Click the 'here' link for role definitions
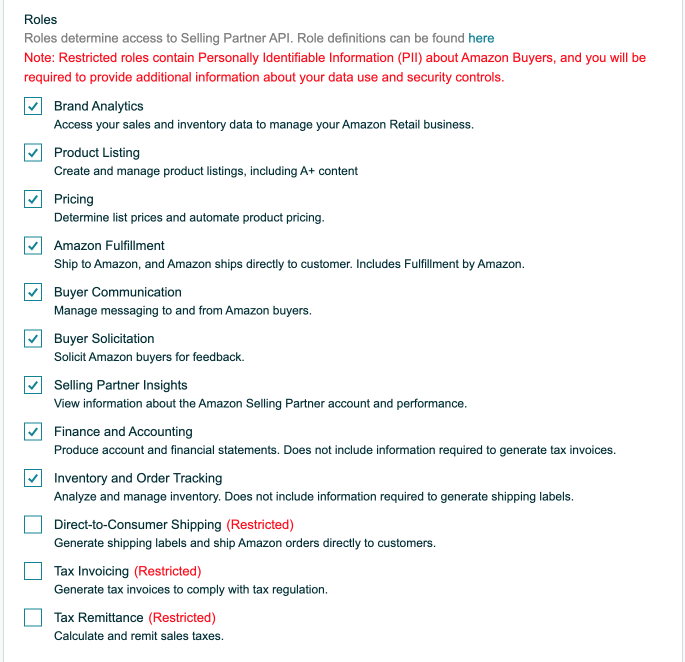pyautogui.click(x=481, y=38)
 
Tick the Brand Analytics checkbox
pyautogui.click(x=33, y=106)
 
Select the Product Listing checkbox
pyautogui.click(x=33, y=153)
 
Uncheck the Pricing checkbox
pyautogui.click(x=33, y=199)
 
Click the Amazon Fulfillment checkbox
pyautogui.click(x=33, y=246)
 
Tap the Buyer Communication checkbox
pyautogui.click(x=33, y=292)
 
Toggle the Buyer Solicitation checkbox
pyautogui.click(x=33, y=339)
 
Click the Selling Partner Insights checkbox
pyautogui.click(x=33, y=385)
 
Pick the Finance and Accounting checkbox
pyautogui.click(x=33, y=432)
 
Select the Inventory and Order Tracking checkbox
pyautogui.click(x=33, y=478)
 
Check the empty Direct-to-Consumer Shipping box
pyautogui.click(x=33, y=525)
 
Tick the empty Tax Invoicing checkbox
pyautogui.click(x=33, y=571)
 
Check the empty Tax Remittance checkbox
pyautogui.click(x=33, y=618)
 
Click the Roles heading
pyautogui.click(x=40, y=19)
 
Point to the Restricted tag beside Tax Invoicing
pyautogui.click(x=167, y=571)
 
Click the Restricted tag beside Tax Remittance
pyautogui.click(x=182, y=618)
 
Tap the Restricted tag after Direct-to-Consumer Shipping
pyautogui.click(x=260, y=525)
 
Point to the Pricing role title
pyautogui.click(x=73, y=199)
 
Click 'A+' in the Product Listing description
pyautogui.click(x=307, y=171)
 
